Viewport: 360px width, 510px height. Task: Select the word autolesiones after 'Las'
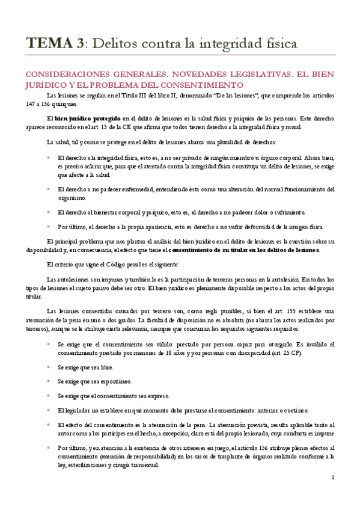(75, 280)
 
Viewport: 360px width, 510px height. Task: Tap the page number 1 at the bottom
(332, 477)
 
